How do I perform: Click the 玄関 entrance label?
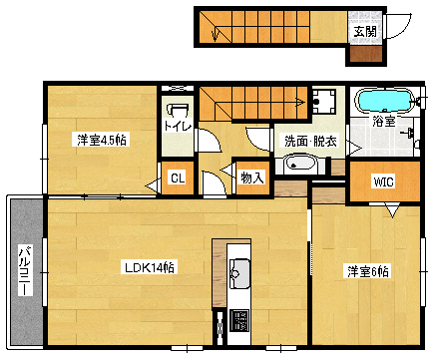(365, 32)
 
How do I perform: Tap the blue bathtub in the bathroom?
(384, 100)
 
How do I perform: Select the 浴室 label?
(384, 121)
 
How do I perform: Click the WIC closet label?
(383, 181)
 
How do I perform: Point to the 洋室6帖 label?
(368, 271)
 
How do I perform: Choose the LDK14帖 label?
(149, 267)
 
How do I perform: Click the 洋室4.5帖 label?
(102, 140)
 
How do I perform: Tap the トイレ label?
(178, 126)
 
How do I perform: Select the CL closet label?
(178, 179)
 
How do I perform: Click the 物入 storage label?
(252, 178)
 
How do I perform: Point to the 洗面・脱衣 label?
(310, 142)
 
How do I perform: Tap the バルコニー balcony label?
(25, 270)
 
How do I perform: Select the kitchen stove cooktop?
(239, 320)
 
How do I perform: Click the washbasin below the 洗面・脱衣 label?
(300, 164)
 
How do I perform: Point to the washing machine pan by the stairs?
(324, 102)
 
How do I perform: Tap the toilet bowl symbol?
(179, 111)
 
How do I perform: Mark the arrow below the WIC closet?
(392, 211)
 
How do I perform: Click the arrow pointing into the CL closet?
(154, 185)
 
